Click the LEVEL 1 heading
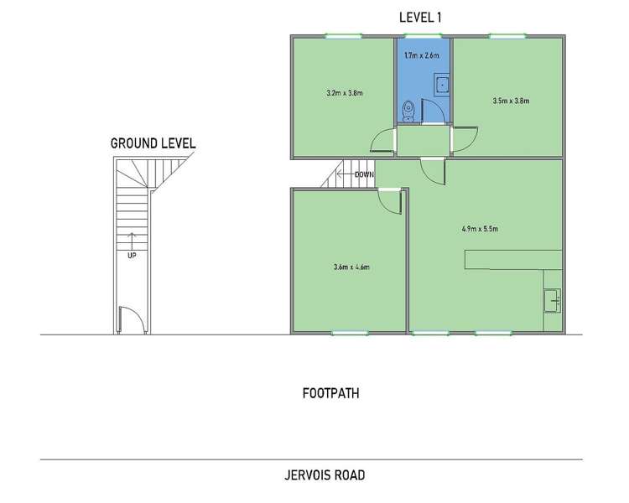[x=423, y=18]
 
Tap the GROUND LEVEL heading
[x=153, y=143]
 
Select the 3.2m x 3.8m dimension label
[x=344, y=93]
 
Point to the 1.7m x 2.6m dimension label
[x=422, y=55]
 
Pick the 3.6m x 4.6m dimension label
[x=351, y=267]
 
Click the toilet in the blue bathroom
[x=408, y=109]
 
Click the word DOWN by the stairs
[x=364, y=174]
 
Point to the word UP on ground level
[x=132, y=255]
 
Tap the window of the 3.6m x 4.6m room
[x=351, y=334]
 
